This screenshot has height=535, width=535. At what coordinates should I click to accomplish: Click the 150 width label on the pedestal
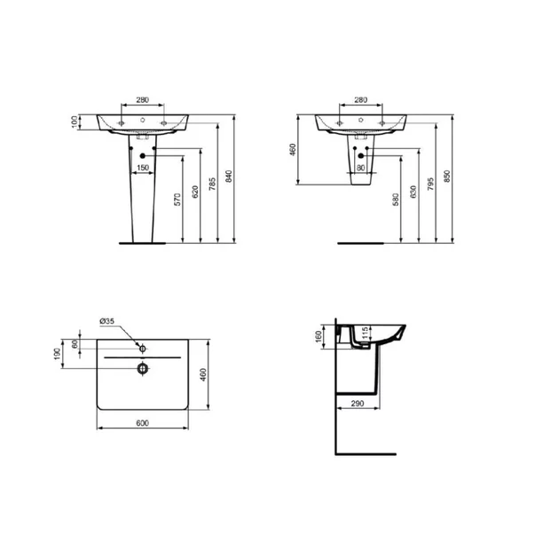142,168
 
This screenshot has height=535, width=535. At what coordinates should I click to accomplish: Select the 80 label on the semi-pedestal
359,167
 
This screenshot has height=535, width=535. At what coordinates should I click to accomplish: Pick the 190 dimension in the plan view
59,354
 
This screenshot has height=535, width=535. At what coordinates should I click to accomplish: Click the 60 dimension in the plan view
75,344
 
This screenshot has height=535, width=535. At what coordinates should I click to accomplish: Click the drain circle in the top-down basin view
141,367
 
